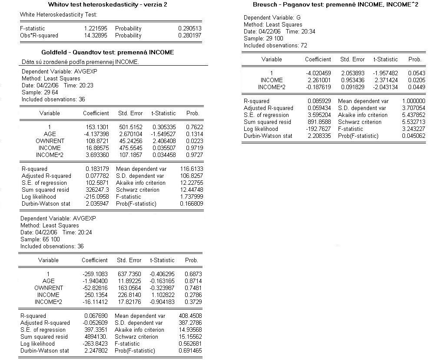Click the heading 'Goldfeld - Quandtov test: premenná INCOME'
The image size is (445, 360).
tap(107, 52)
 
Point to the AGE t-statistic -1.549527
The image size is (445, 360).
tap(164, 134)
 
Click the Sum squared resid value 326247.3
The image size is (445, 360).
tap(97, 190)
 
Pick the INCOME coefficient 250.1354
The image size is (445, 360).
tap(95, 295)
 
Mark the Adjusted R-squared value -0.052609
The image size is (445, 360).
tap(95, 323)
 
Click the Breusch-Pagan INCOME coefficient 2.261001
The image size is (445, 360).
tap(318, 80)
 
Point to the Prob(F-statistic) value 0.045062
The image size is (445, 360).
tap(414, 136)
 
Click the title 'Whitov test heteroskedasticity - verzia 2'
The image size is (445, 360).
tap(108, 4)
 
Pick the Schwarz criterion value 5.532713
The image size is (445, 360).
tap(414, 122)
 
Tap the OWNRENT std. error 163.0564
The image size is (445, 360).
tap(129, 288)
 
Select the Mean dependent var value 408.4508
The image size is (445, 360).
tap(190, 316)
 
